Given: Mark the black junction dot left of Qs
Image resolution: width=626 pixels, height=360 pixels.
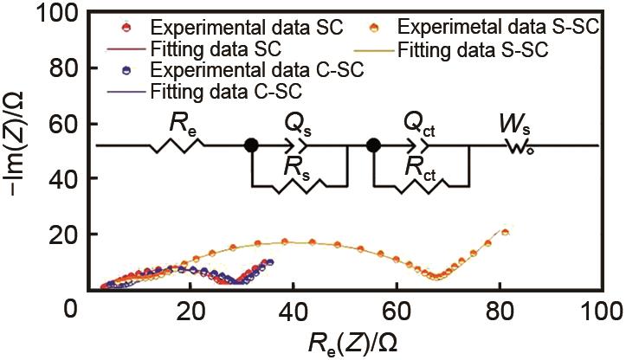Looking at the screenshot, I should [x=251, y=145].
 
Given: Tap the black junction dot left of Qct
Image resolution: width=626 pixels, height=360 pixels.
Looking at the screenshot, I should [x=373, y=145].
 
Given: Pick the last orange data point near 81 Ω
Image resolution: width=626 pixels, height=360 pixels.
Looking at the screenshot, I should [x=506, y=231].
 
